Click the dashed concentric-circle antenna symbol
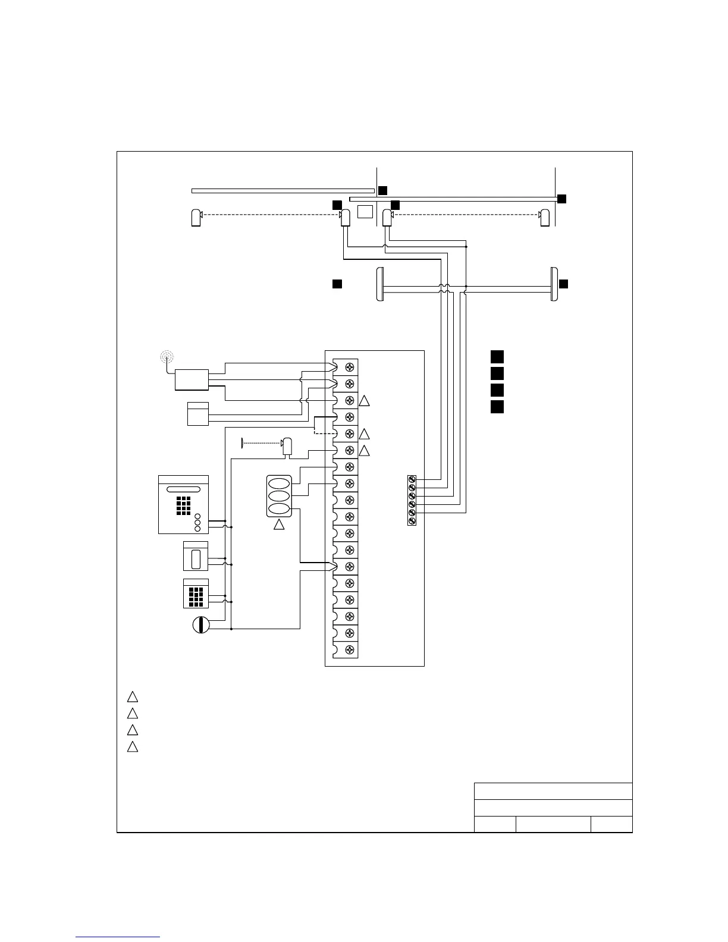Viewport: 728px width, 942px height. click(167, 357)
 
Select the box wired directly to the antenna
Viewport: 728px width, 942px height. click(192, 379)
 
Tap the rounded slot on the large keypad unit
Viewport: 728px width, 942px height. click(183, 489)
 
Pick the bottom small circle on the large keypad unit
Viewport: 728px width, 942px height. click(198, 529)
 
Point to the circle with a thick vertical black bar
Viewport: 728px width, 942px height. click(202, 626)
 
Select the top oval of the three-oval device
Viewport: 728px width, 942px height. click(279, 482)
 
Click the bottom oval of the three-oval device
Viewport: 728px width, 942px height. click(279, 510)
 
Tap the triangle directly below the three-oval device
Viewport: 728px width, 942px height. click(279, 525)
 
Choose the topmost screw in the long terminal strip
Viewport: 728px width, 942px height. click(350, 367)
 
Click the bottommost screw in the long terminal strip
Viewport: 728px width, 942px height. click(350, 649)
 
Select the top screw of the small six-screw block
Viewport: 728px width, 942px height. click(412, 479)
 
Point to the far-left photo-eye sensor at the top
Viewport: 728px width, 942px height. click(196, 218)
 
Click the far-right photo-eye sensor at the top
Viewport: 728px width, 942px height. click(544, 218)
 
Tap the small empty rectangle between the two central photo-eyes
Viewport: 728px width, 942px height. click(365, 212)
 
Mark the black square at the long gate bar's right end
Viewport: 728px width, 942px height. click(561, 199)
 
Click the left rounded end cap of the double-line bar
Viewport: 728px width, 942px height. click(379, 284)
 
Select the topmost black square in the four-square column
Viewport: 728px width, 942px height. click(497, 357)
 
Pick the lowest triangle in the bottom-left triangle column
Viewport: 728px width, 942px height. click(133, 746)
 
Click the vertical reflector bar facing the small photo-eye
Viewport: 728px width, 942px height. click(243, 443)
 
